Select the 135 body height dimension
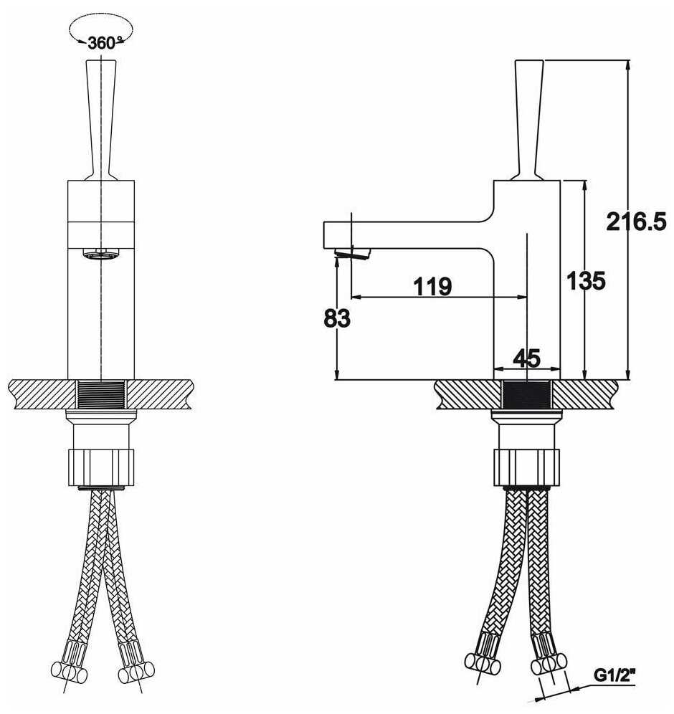pyautogui.click(x=586, y=281)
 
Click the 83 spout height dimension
pyautogui.click(x=336, y=318)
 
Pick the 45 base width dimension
pyautogui.click(x=526, y=357)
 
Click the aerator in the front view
pyautogui.click(x=100, y=254)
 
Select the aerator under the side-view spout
pyautogui.click(x=352, y=252)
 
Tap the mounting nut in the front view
pyautogui.click(x=101, y=466)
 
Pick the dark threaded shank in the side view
pyautogui.click(x=527, y=394)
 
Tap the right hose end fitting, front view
pyautogui.click(x=134, y=665)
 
